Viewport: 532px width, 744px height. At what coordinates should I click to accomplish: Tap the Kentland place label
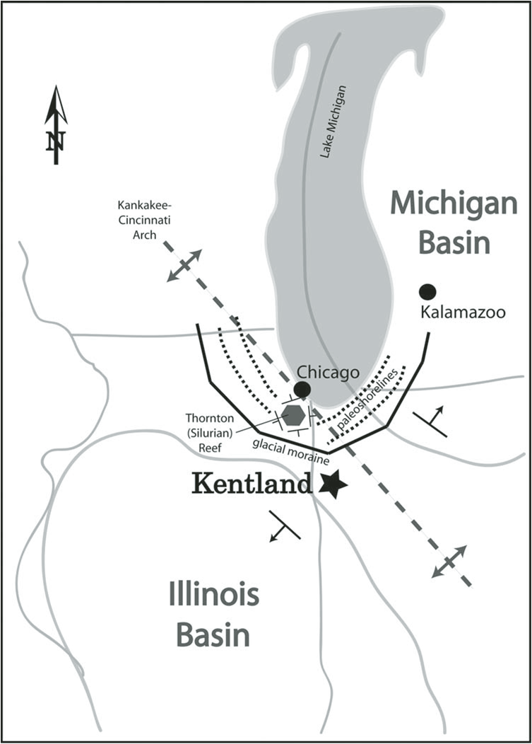251,484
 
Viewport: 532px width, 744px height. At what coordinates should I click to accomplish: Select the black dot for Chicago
302,389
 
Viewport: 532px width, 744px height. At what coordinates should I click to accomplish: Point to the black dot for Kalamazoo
427,291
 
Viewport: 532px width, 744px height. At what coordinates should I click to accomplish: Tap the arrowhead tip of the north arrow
55,88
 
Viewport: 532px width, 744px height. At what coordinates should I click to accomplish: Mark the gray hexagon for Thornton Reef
293,415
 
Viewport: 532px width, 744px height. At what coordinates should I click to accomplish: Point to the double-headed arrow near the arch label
184,265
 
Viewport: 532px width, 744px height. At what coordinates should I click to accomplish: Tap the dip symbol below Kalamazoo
430,422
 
